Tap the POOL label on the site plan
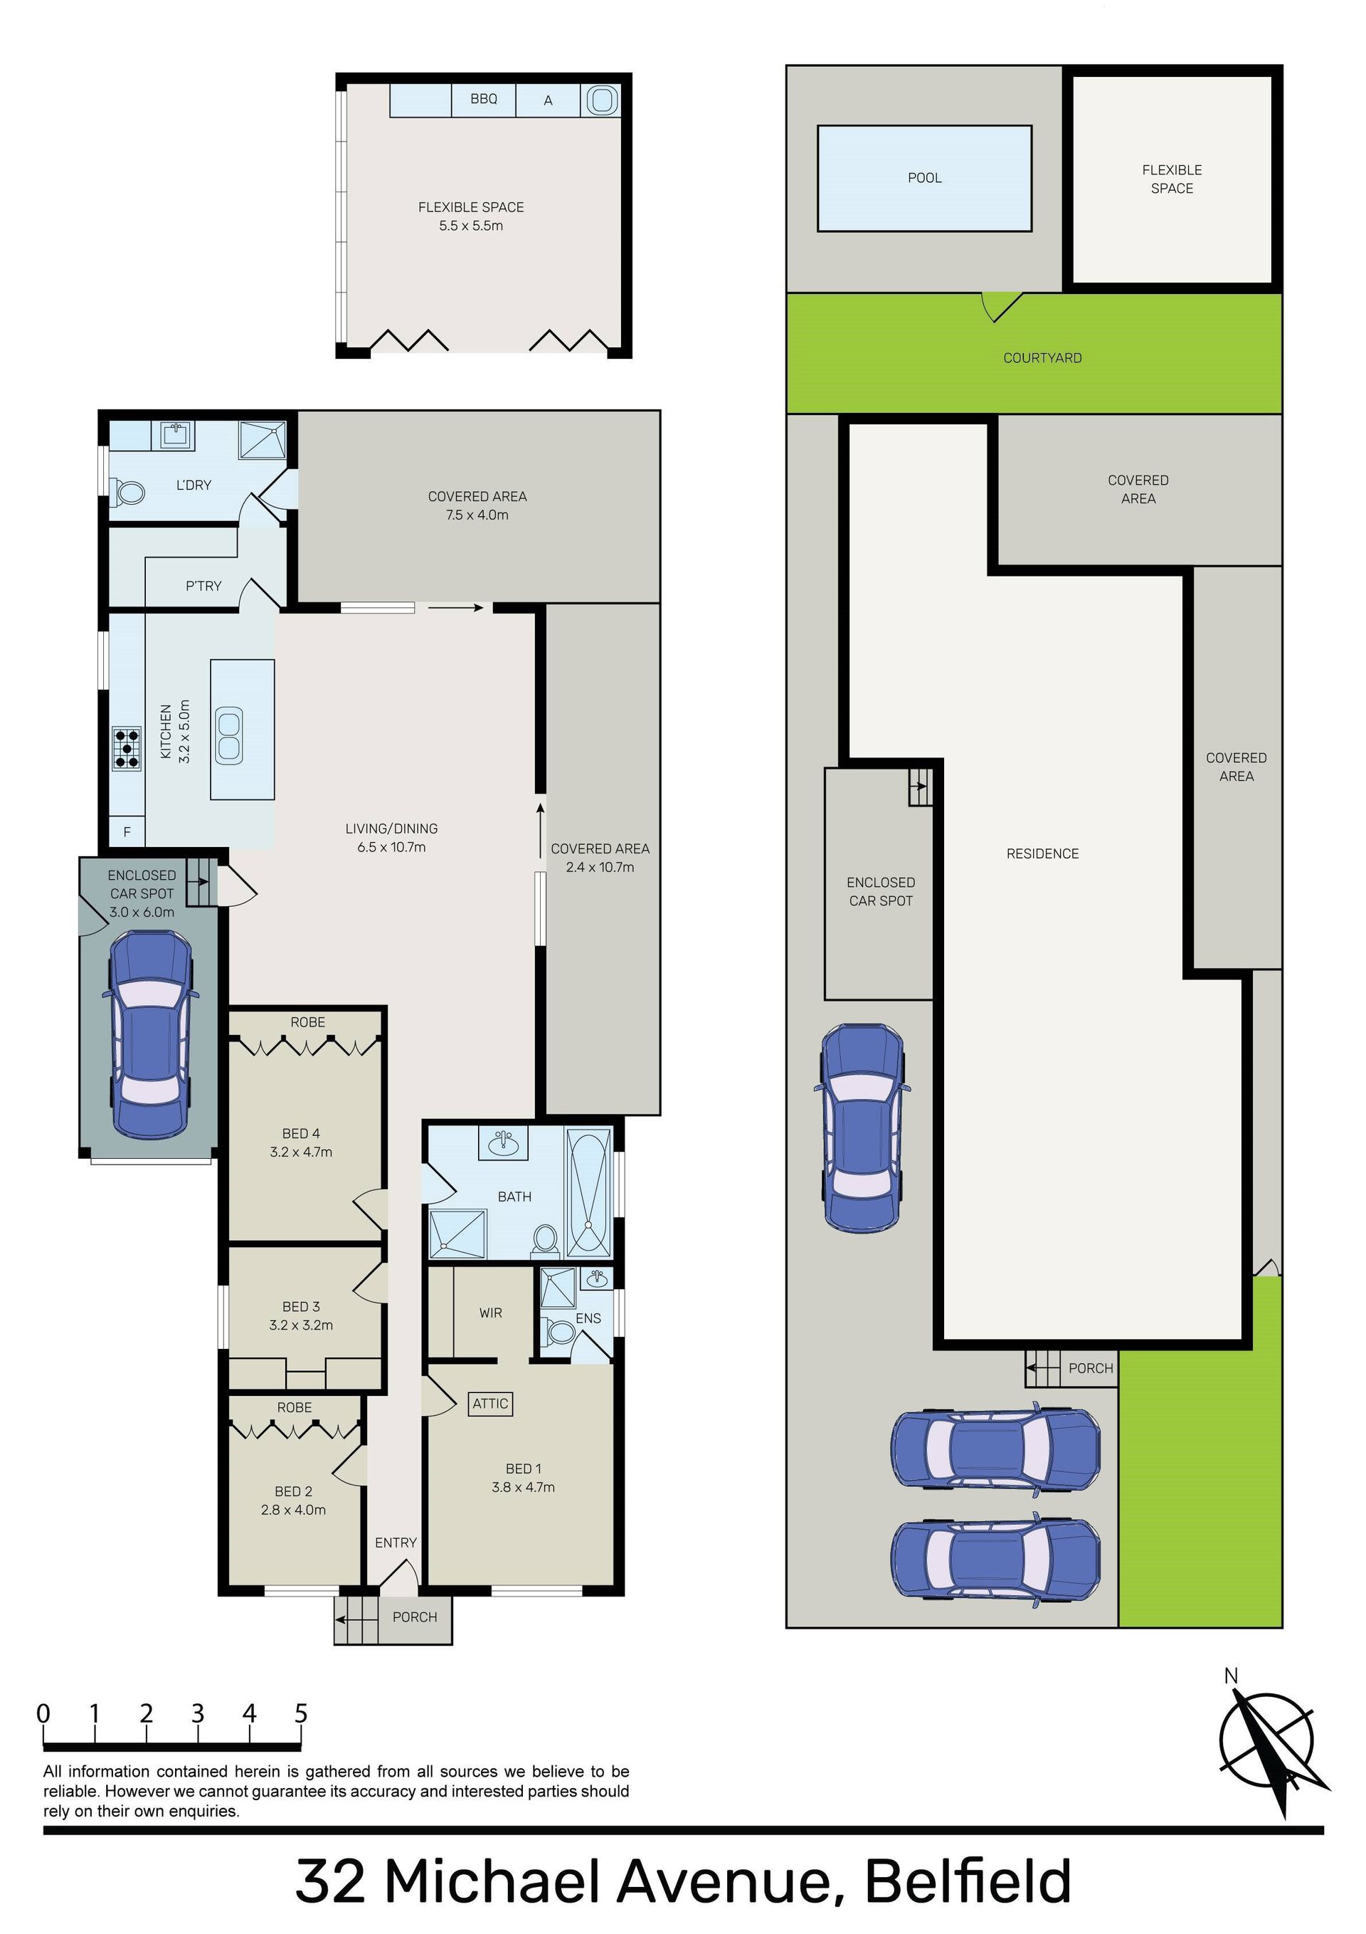click(x=925, y=178)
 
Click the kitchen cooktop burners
click(x=127, y=748)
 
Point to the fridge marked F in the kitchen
click(x=127, y=832)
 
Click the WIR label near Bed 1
click(x=491, y=1313)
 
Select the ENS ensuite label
click(x=588, y=1318)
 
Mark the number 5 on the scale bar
click(x=301, y=1713)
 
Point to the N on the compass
click(x=1232, y=1676)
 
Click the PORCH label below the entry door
click(x=414, y=1617)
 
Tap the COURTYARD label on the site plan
click(x=1042, y=358)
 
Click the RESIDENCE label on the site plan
click(x=1042, y=853)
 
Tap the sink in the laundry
click(x=176, y=436)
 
